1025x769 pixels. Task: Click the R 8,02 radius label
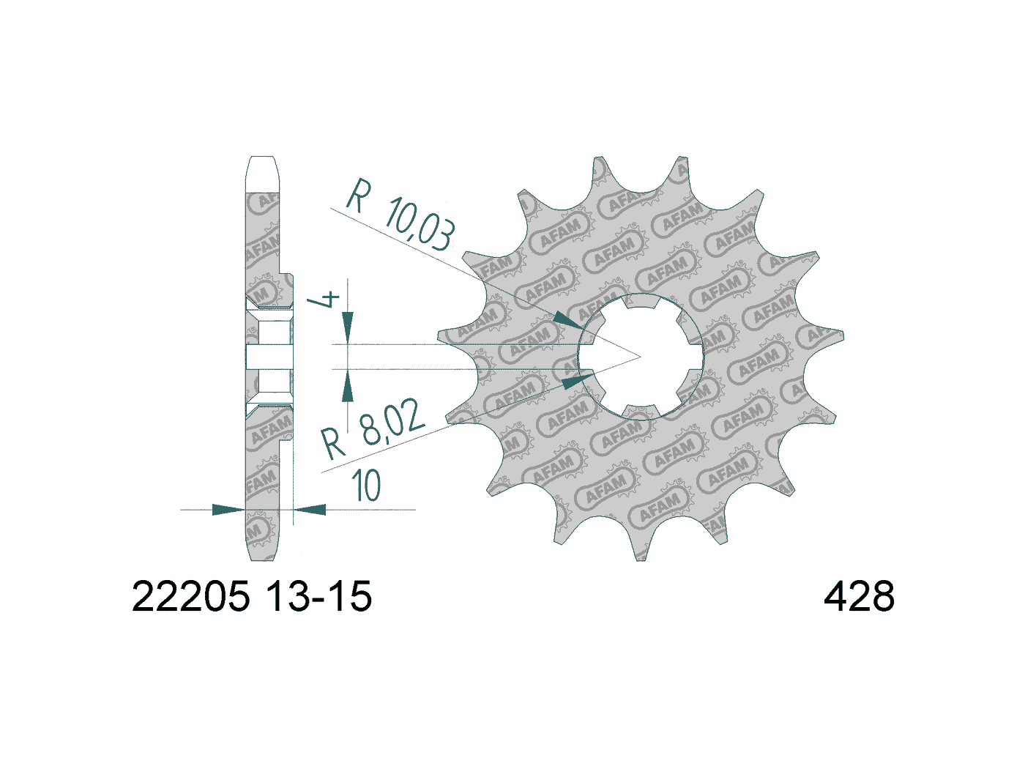point(374,433)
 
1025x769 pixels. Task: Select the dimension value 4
point(327,300)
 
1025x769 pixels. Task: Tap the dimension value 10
point(366,486)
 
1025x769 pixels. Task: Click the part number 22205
point(190,597)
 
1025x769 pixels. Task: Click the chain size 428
point(859,597)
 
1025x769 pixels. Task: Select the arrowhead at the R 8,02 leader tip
point(576,381)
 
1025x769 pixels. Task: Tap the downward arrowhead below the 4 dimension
point(348,323)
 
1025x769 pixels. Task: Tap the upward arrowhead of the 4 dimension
point(348,386)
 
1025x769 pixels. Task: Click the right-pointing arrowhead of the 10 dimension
point(228,509)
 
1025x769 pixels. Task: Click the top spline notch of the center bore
point(641,301)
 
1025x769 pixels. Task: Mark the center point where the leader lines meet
point(641,357)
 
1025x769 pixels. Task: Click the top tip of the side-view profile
point(263,159)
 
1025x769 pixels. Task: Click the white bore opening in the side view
point(269,357)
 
